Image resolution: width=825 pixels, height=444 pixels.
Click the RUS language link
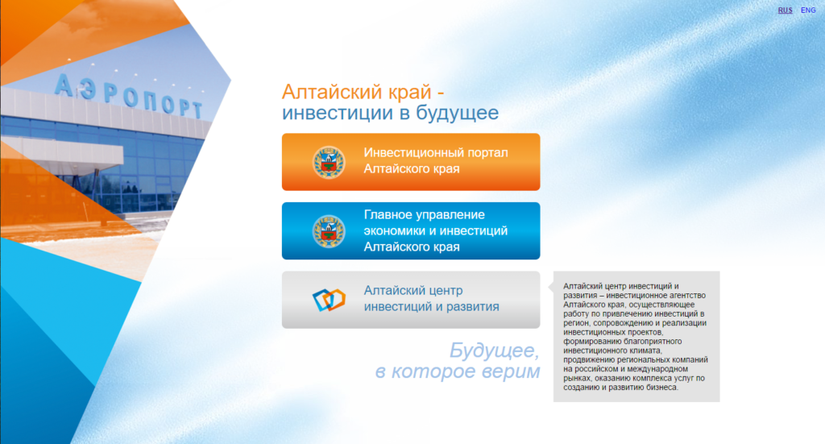pyautogui.click(x=785, y=10)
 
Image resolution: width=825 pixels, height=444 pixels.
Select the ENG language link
pyautogui.click(x=808, y=10)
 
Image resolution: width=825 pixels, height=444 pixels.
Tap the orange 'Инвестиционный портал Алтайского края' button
pyautogui.click(x=411, y=161)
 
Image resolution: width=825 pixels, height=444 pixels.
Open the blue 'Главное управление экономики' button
pyautogui.click(x=411, y=231)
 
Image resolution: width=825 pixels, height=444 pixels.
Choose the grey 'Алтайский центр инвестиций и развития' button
pyautogui.click(x=411, y=300)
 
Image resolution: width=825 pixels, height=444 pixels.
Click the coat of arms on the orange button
pyautogui.click(x=329, y=162)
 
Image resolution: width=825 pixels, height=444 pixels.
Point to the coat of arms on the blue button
pyautogui.click(x=329, y=231)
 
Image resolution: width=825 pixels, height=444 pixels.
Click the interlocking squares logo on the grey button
pyautogui.click(x=329, y=300)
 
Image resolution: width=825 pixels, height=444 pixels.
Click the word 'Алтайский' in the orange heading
pyautogui.click(x=331, y=92)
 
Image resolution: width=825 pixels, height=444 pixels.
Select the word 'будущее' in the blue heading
pyautogui.click(x=458, y=113)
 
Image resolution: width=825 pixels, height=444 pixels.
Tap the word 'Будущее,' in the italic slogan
pyautogui.click(x=494, y=351)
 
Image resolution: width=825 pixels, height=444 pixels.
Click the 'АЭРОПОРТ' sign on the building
pyautogui.click(x=129, y=96)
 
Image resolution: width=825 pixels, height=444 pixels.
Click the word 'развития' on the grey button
pyautogui.click(x=472, y=307)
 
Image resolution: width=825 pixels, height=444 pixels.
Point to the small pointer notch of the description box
pyautogui.click(x=551, y=287)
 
